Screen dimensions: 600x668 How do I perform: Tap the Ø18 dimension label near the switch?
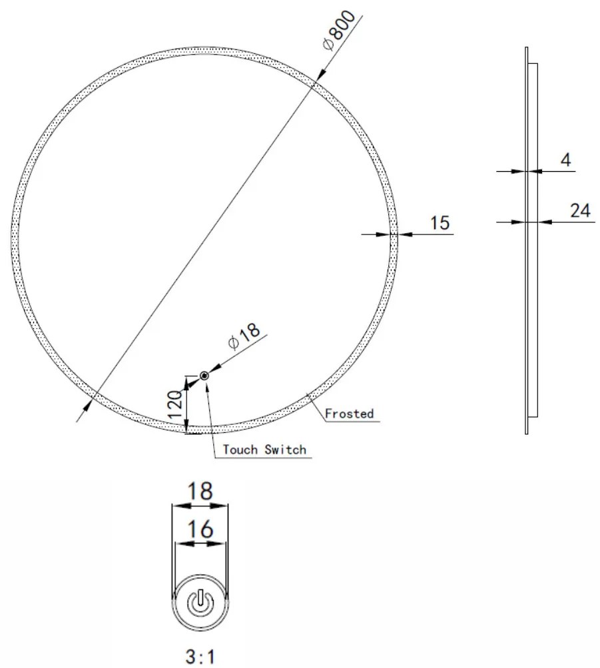(244, 336)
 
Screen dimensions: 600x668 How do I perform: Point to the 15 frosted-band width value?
(440, 223)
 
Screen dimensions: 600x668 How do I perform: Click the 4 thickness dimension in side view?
(565, 160)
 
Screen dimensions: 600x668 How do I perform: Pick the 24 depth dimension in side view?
(581, 210)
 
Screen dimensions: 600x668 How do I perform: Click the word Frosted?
(349, 413)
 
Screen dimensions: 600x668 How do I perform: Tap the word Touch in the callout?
(240, 450)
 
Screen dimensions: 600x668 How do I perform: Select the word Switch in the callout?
(285, 450)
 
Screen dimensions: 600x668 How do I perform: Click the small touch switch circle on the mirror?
(204, 376)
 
